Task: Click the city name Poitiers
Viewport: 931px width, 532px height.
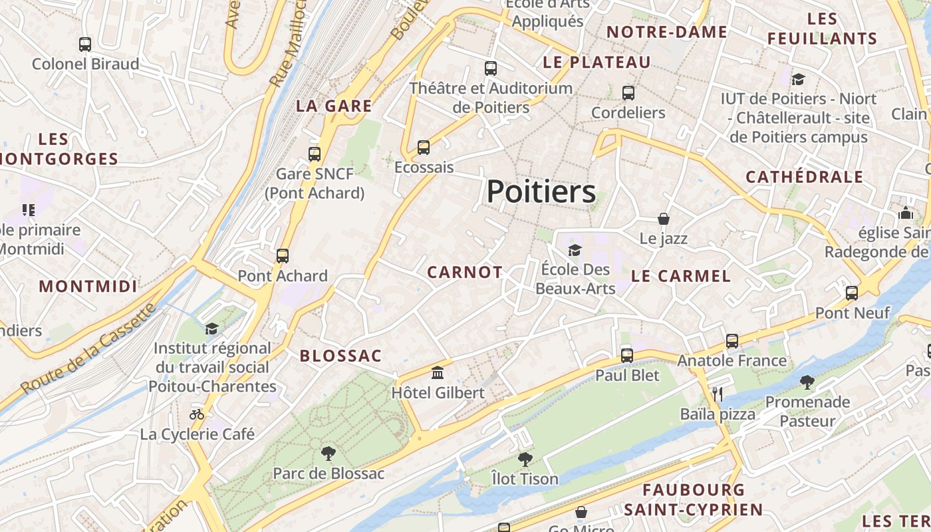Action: coord(541,192)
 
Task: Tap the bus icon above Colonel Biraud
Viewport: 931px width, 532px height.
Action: coord(85,45)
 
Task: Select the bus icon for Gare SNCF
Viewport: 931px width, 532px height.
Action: coord(315,154)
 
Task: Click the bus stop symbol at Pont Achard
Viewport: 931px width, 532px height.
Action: coord(283,256)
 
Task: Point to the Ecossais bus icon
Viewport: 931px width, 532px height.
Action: coord(424,148)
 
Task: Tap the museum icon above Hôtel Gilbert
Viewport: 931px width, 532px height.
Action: coord(438,373)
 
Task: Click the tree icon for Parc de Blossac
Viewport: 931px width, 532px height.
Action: coord(328,454)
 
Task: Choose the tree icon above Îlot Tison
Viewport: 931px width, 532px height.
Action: coord(525,459)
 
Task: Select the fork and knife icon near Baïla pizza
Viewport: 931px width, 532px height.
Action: coord(717,394)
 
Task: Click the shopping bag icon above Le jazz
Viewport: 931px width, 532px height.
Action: coord(663,218)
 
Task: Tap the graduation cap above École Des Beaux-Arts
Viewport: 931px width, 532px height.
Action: coord(575,250)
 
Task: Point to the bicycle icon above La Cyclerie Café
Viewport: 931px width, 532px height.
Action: coord(197,414)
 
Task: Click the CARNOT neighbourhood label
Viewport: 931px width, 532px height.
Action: coord(465,272)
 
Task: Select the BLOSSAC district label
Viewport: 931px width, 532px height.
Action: coord(340,356)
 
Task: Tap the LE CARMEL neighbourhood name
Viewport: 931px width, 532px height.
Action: coord(680,276)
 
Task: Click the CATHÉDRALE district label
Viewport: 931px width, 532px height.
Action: coord(804,177)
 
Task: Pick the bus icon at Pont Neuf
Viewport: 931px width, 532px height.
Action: coord(852,293)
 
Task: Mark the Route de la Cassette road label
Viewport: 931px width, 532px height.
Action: coord(88,348)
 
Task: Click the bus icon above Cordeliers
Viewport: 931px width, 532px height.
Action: coord(628,93)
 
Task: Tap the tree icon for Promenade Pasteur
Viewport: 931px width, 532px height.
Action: coord(807,382)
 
